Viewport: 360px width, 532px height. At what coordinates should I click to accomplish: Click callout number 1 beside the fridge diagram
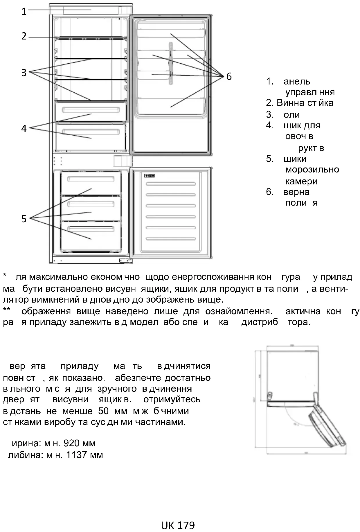pos(24,12)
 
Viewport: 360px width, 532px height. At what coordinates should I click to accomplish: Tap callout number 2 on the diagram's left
pos(24,36)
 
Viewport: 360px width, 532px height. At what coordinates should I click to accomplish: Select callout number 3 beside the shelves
pos(24,73)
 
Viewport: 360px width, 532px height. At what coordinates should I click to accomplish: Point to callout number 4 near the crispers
pos(24,128)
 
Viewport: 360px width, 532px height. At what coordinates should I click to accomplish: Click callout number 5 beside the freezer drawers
pos(24,219)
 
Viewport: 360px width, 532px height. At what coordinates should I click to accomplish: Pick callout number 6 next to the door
pos(229,76)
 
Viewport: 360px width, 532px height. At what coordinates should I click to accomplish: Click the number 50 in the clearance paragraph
pos(103,411)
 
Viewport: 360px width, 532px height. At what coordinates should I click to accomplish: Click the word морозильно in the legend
pos(312,170)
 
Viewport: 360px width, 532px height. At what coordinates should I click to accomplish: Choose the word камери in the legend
pos(301,181)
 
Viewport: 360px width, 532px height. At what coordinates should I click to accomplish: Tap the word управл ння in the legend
pos(310,92)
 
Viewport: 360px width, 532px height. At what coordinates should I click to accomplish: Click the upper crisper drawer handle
pos(91,110)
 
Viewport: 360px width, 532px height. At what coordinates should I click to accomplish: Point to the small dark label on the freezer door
pos(149,176)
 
